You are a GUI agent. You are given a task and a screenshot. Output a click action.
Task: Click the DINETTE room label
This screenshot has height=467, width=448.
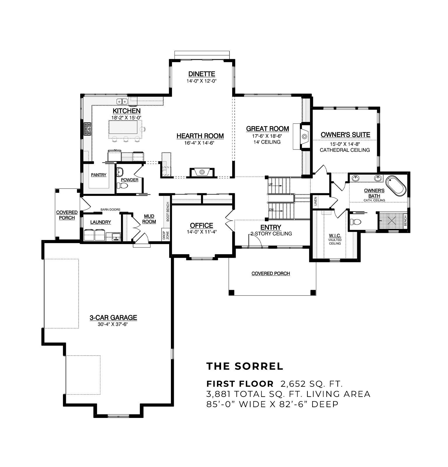coord(202,74)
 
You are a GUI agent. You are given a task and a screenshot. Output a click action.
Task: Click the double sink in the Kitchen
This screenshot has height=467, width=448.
coord(122,102)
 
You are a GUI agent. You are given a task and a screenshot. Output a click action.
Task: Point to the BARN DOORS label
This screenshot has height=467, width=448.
coord(110,210)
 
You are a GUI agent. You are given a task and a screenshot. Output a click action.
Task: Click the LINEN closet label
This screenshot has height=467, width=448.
coord(315,201)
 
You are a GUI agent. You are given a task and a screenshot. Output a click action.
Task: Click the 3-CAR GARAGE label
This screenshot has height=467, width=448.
coord(113,318)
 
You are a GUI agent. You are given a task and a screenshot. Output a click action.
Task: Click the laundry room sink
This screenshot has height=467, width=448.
coord(116,236)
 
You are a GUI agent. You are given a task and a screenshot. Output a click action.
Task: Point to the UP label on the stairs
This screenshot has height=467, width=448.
coord(270,184)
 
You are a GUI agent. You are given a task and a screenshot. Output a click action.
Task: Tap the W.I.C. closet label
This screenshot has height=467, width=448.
coord(335,236)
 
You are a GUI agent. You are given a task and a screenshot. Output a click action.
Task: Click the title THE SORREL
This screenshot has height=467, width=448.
coord(245,366)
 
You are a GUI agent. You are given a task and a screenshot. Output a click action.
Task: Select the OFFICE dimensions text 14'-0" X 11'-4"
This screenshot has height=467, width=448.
coord(202,232)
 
